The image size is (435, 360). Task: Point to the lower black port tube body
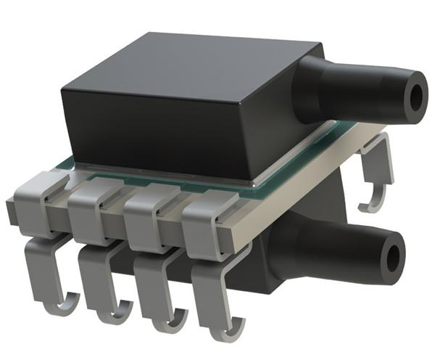326,247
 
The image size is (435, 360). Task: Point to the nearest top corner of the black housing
62,87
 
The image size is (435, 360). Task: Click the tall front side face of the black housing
159,134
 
